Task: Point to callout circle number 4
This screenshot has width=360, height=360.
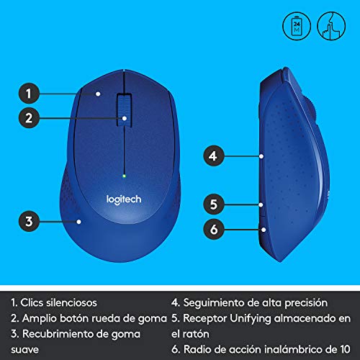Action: pos(212,155)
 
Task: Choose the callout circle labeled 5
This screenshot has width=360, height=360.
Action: pos(212,204)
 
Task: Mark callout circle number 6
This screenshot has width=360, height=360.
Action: pos(212,230)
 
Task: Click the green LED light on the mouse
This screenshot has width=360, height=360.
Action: pos(125,174)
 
